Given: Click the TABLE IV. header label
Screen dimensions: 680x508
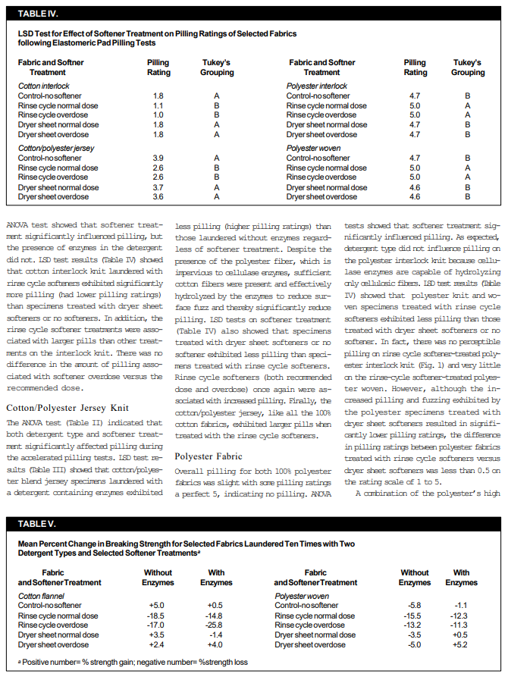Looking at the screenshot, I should pyautogui.click(x=37, y=14).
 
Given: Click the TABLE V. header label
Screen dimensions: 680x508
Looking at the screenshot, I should pyautogui.click(x=36, y=523).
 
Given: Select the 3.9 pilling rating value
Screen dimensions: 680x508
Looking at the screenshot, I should pyautogui.click(x=158, y=158).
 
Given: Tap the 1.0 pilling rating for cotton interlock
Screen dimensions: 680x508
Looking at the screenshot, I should pyautogui.click(x=158, y=115).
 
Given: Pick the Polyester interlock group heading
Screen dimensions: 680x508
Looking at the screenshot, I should pyautogui.click(x=317, y=86).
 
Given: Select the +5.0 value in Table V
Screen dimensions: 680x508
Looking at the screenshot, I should pyautogui.click(x=158, y=606).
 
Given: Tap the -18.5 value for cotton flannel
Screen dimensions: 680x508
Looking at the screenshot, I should pyautogui.click(x=158, y=616).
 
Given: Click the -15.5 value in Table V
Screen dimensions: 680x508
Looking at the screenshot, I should pyautogui.click(x=414, y=616).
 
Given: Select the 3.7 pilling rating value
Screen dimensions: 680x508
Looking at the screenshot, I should pyautogui.click(x=158, y=187).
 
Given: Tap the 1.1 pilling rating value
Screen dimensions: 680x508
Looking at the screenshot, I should pyautogui.click(x=158, y=105).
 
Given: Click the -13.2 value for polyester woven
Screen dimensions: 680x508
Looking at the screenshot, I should pyautogui.click(x=414, y=625).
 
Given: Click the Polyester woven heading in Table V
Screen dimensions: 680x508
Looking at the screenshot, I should pyautogui.click(x=302, y=596).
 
